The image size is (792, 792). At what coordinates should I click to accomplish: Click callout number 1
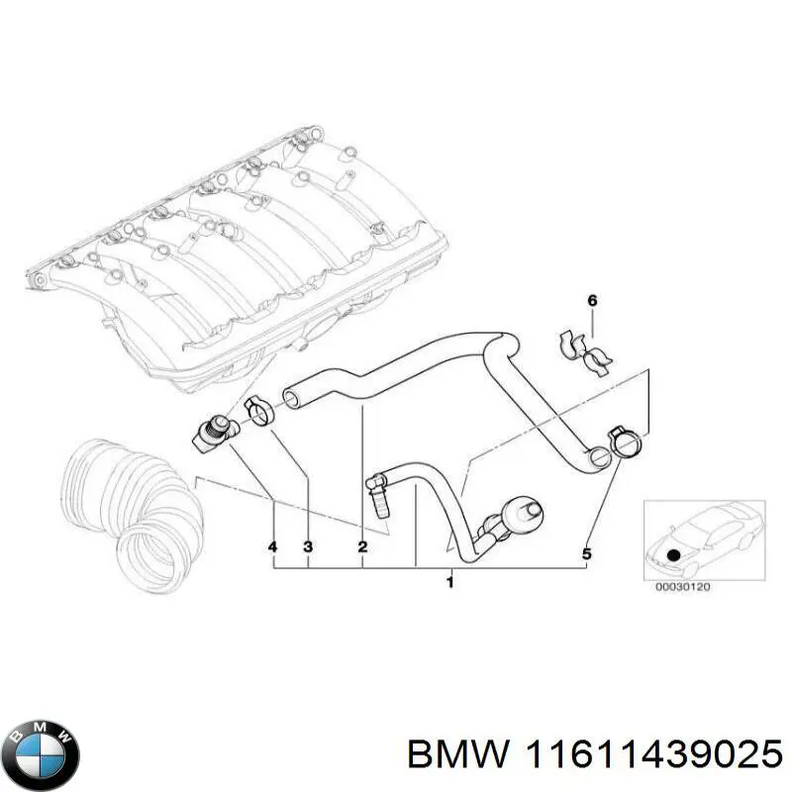449,582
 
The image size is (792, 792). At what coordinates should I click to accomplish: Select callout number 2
362,547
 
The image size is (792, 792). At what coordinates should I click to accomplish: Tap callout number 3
308,547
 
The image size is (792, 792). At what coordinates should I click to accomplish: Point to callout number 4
273,547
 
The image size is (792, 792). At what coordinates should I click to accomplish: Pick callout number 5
586,554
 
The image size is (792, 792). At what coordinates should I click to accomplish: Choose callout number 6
592,300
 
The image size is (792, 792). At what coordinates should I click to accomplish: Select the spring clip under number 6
588,352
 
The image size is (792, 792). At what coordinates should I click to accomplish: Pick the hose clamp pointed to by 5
625,443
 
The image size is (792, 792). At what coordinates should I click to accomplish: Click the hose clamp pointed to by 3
259,410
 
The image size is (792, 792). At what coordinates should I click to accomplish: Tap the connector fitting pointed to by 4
212,431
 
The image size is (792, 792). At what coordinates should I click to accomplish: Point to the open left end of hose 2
292,398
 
